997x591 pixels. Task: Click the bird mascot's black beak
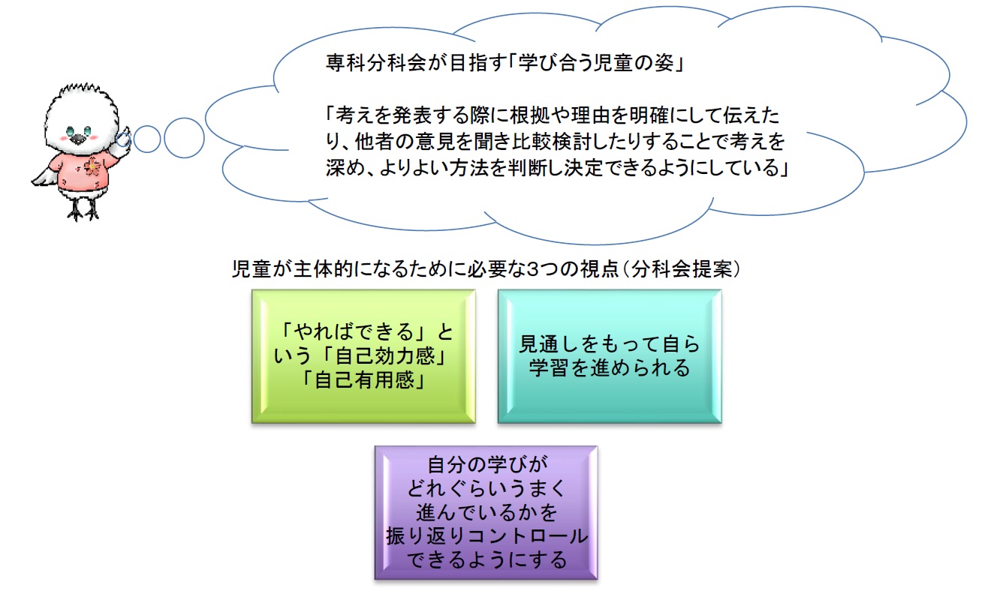point(79,139)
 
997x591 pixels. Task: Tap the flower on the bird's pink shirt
point(93,166)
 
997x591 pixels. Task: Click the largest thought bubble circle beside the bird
point(184,138)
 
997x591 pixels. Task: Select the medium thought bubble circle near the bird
point(147,139)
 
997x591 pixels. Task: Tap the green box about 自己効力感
point(363,356)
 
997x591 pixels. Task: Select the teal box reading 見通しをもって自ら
point(610,356)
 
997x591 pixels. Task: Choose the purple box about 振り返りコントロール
point(486,513)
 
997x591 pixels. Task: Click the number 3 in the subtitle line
point(532,269)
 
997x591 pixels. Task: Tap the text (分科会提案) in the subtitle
point(681,269)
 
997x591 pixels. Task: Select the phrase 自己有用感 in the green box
point(364,379)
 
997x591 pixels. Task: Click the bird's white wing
point(44,177)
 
